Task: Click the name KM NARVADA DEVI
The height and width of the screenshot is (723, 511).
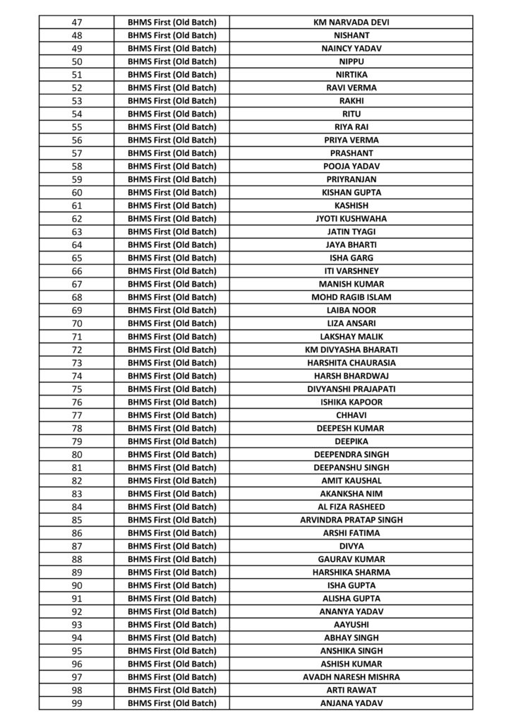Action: click(351, 23)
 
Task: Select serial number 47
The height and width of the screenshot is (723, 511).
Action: click(77, 23)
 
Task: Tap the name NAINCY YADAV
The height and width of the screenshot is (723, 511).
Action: click(351, 49)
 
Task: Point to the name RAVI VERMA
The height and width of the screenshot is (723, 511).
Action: click(351, 88)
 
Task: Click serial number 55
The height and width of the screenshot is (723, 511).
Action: click(77, 127)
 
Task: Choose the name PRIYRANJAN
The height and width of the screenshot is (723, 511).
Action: click(351, 179)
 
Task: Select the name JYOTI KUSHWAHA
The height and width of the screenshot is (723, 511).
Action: click(351, 219)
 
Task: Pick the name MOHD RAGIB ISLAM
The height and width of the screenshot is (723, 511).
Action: click(351, 297)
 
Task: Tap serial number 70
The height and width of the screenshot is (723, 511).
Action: click(77, 323)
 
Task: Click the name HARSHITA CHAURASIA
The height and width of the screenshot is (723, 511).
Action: click(351, 363)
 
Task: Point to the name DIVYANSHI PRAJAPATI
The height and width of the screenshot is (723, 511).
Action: click(351, 389)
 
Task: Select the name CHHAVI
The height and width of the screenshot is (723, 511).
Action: click(351, 415)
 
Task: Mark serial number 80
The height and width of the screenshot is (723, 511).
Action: click(77, 454)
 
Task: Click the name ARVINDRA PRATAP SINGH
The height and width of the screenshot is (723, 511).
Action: click(351, 520)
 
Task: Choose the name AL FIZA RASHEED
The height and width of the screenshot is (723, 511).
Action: click(351, 507)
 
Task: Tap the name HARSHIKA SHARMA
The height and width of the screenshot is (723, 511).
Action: click(351, 572)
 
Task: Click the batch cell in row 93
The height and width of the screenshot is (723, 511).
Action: click(172, 624)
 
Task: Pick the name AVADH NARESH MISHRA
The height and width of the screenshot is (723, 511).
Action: click(351, 677)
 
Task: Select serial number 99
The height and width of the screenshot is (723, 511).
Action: click(77, 703)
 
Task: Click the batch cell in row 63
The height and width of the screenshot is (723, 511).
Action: click(172, 232)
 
